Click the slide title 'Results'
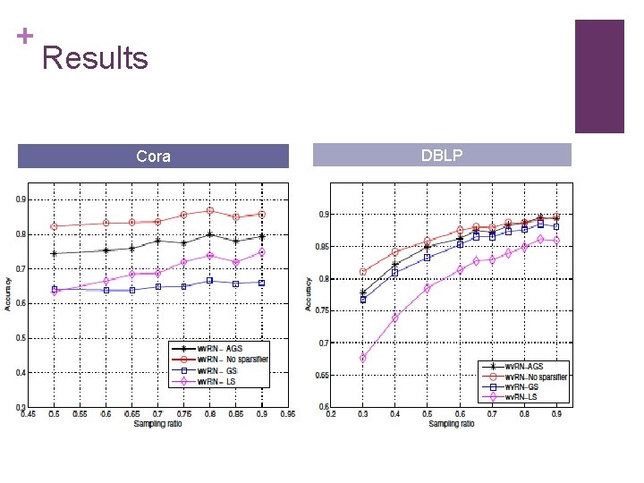point(95,58)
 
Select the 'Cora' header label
point(153,157)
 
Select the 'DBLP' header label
point(441,156)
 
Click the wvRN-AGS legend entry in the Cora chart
point(220,348)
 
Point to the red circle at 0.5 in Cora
point(54,226)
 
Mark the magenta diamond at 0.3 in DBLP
point(363,358)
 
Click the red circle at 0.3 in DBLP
point(363,272)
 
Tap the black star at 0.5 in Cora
point(54,254)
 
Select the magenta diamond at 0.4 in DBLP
point(395,318)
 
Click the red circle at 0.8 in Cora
point(209,211)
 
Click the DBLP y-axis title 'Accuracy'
point(309,296)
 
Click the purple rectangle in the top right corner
point(598,76)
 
